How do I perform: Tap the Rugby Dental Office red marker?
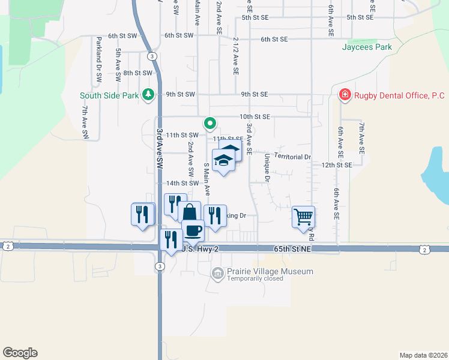[345, 95]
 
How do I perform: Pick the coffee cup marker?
[193, 230]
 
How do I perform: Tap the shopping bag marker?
[189, 212]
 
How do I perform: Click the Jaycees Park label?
[367, 47]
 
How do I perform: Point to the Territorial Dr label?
[293, 156]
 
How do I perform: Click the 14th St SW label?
[182, 183]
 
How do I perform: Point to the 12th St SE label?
[336, 164]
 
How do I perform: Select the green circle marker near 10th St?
[210, 124]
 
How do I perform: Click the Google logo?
[20, 353]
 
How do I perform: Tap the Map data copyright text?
[423, 355]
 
